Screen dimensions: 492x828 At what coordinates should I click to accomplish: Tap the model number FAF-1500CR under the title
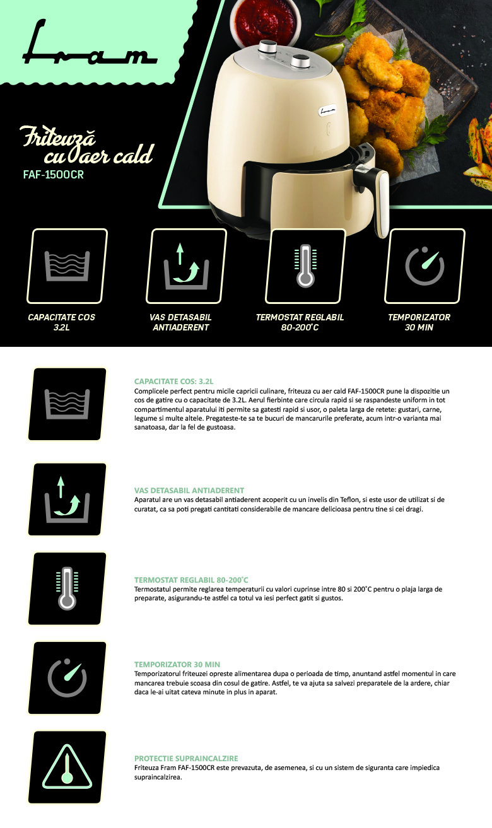coord(53,175)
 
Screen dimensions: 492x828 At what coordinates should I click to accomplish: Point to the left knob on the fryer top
coord(267,47)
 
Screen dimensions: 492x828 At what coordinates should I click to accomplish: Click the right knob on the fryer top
coord(300,61)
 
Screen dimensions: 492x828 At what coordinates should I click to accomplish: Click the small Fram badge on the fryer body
coord(327,110)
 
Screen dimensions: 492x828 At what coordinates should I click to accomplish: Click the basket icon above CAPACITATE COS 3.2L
coord(67,265)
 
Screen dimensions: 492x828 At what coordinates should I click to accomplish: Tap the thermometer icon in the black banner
coord(305,265)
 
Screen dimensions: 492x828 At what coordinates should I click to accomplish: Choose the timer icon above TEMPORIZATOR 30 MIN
coord(425,265)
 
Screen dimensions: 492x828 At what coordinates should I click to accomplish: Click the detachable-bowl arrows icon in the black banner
coord(186,266)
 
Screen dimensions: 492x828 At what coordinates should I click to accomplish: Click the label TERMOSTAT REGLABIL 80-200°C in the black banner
coord(300,322)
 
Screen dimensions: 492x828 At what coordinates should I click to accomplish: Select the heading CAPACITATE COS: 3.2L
coord(173,382)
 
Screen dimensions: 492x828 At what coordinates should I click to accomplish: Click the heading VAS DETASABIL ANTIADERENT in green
coord(189,491)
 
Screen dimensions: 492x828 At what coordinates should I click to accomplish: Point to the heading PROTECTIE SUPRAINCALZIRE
coord(186,759)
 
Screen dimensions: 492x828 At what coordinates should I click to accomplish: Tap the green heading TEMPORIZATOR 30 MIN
coord(177,664)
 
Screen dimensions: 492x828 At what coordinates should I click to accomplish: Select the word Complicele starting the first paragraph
coord(149,392)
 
